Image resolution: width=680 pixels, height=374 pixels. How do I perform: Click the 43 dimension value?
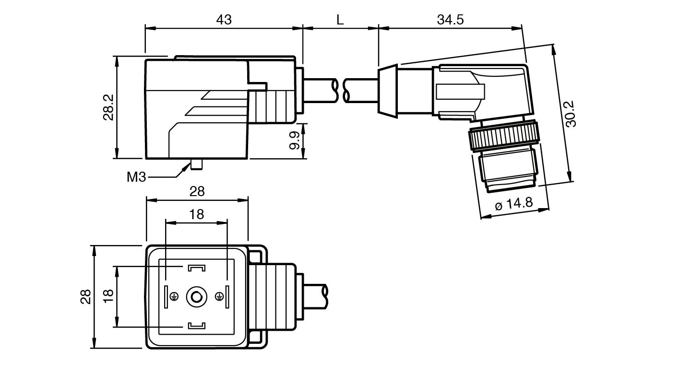tap(224, 20)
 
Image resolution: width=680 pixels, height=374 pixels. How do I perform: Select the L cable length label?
tap(340, 20)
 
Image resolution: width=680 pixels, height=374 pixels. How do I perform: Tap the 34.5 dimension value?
tap(450, 20)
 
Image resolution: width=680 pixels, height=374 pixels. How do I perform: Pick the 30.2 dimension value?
tap(571, 114)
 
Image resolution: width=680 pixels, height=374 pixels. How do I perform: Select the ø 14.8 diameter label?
tap(513, 203)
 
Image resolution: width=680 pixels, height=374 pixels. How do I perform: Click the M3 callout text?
tap(136, 177)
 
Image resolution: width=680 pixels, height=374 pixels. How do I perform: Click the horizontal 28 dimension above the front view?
tap(197, 191)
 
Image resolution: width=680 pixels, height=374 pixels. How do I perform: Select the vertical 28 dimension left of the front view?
tap(85, 297)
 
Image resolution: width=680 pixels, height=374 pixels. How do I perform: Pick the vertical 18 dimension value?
tap(107, 297)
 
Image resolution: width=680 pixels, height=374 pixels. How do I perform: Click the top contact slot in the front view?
tap(196, 267)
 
